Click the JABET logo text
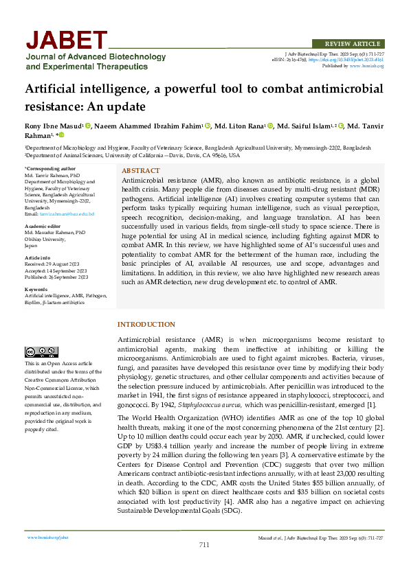67,40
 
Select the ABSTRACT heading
140,170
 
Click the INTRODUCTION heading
146,324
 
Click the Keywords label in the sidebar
36,290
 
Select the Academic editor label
43,226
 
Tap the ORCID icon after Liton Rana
270,126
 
